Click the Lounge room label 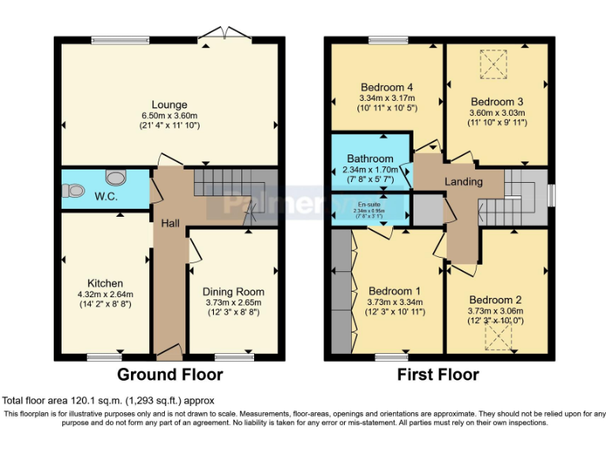point(170,104)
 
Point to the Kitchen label point(105,283)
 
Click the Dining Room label point(233,292)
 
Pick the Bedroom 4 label point(387,87)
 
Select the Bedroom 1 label point(395,291)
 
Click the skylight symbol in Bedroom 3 point(495,64)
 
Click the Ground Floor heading point(170,374)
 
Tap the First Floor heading point(439,374)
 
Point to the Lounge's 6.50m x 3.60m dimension point(170,115)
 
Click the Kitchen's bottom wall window point(104,357)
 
